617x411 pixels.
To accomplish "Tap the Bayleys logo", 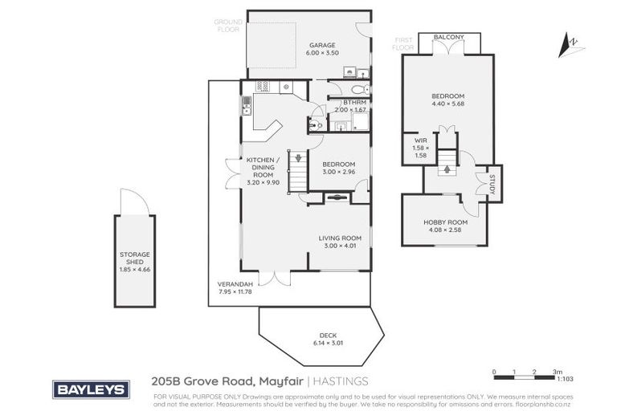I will click(91, 389).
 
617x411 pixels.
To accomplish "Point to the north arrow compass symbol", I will click(572, 43).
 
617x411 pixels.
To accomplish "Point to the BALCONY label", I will click(448, 37).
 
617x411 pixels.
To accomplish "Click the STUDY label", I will click(493, 183).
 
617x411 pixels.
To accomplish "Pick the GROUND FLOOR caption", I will click(227, 25).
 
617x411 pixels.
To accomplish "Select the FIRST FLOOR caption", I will click(402, 43).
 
